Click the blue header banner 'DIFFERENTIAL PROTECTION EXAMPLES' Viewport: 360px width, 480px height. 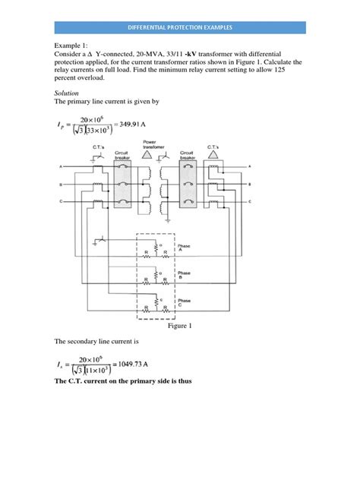click(x=179, y=27)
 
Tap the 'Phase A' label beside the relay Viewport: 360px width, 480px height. click(x=184, y=248)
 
